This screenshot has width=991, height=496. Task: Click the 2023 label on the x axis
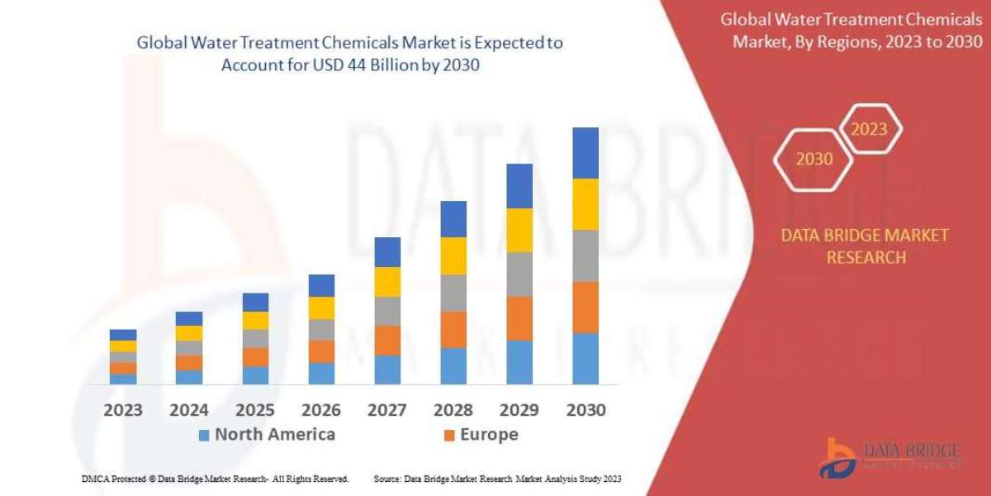[x=122, y=409]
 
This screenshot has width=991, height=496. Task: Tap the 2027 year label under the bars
[x=387, y=409]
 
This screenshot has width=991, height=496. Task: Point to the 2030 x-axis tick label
[x=586, y=409]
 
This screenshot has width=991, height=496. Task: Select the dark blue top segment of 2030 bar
[x=586, y=153]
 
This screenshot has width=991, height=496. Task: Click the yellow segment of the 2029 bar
[x=519, y=230]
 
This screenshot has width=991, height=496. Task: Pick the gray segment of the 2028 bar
[x=453, y=293]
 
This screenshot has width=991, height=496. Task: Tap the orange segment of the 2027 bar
[x=387, y=340]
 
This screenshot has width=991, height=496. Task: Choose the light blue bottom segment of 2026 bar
[x=321, y=374]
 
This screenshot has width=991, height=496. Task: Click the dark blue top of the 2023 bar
[x=123, y=335]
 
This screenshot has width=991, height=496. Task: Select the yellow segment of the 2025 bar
[x=255, y=321]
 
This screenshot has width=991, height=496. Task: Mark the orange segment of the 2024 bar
[x=189, y=362]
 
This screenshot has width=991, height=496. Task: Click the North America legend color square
[x=204, y=435]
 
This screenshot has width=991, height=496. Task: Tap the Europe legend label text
[x=490, y=434]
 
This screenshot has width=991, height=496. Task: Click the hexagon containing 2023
[x=869, y=129]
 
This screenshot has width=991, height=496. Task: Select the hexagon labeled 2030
[x=813, y=159]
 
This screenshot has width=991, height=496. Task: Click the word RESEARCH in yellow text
[x=865, y=257]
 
